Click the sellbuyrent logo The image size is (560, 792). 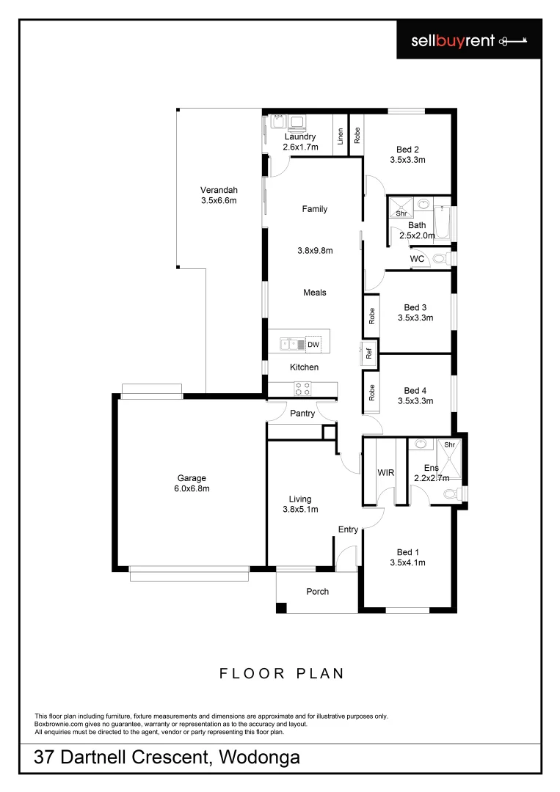[x=468, y=41]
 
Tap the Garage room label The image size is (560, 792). [x=190, y=477]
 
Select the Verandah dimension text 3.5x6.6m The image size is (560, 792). [x=219, y=199]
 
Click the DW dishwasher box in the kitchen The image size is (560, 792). [x=313, y=345]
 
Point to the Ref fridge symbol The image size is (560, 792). [x=369, y=352]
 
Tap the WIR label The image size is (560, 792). [x=385, y=473]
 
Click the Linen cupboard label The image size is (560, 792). [x=341, y=136]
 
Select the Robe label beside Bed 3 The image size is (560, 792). [x=372, y=316]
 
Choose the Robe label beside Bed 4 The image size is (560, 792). [x=372, y=392]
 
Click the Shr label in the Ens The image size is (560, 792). [x=449, y=444]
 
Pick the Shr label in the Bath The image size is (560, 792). [x=401, y=213]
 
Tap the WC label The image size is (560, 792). [x=417, y=259]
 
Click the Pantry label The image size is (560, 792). [x=302, y=414]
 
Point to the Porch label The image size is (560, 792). [x=318, y=591]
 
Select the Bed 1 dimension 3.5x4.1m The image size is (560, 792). [x=407, y=563]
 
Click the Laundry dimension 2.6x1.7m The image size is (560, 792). [x=300, y=147]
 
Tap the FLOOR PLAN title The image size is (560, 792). [x=282, y=673]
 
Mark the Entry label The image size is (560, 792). [x=348, y=529]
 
